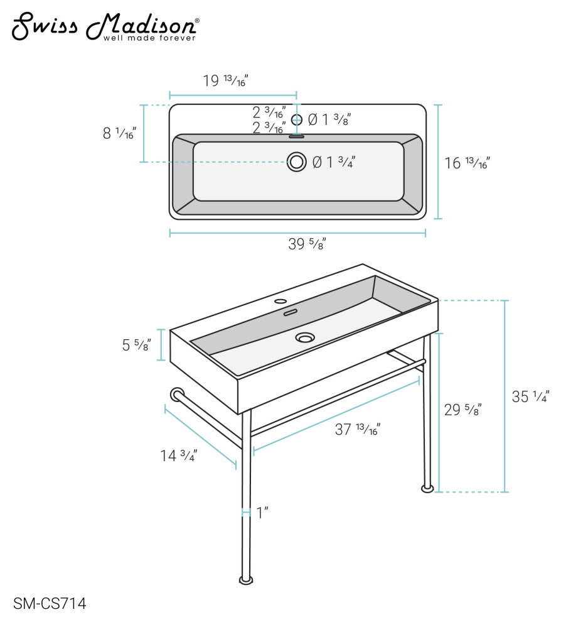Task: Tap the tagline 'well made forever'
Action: (x=149, y=38)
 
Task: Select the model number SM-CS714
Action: (x=50, y=604)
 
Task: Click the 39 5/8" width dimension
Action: (x=307, y=244)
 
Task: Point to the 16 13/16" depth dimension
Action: (x=467, y=163)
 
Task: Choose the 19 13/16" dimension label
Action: (x=225, y=81)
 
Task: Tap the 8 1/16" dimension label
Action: (x=119, y=133)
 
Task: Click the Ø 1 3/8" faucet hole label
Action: (x=329, y=119)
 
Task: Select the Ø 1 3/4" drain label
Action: (x=334, y=162)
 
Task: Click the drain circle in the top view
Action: (x=297, y=161)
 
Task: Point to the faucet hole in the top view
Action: (x=297, y=119)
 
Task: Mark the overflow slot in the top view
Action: (x=297, y=136)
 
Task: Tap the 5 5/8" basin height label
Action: (x=136, y=344)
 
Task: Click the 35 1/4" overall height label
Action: (x=530, y=397)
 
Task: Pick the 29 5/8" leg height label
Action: (x=463, y=410)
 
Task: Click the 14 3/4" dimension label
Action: (x=179, y=456)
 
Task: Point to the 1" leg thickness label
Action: (x=262, y=513)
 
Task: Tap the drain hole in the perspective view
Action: (x=306, y=338)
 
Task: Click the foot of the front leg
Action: (x=246, y=579)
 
